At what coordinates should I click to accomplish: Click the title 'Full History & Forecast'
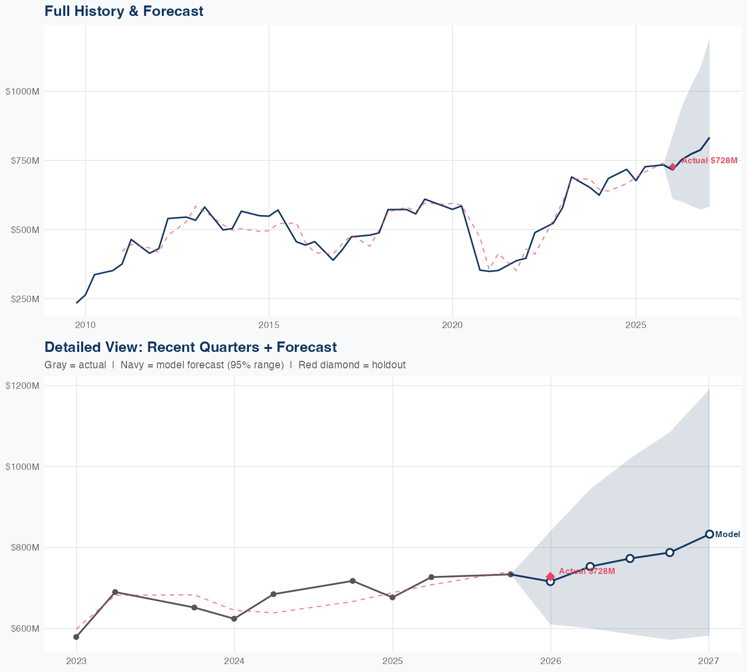[124, 11]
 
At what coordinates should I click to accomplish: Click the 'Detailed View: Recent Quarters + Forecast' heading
[190, 347]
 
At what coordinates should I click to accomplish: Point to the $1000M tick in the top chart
[22, 91]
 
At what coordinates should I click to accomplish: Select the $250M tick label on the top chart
[23, 299]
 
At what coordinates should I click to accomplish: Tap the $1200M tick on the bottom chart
[22, 385]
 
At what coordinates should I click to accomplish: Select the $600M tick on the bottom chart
[23, 629]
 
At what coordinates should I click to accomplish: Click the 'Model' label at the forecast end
[728, 535]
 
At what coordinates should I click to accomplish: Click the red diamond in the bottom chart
[550, 576]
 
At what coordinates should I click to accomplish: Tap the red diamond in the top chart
[673, 167]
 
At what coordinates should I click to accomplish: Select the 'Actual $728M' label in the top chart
[709, 160]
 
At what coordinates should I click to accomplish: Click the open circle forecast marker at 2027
[710, 534]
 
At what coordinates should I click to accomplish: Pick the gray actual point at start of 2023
[76, 637]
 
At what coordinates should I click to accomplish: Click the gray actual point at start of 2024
[234, 619]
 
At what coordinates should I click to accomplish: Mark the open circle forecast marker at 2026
[550, 581]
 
